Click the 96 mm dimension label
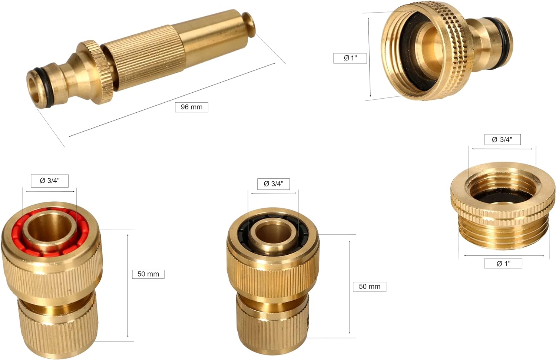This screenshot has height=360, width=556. pyautogui.click(x=191, y=107)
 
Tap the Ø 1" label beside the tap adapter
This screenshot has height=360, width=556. pyautogui.click(x=350, y=58)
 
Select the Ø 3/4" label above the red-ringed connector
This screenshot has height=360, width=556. pyautogui.click(x=50, y=181)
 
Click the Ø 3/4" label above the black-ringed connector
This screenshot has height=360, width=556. pyautogui.click(x=273, y=184)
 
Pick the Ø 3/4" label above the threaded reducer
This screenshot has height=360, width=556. pyautogui.click(x=502, y=139)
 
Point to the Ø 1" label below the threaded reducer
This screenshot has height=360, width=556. pyautogui.click(x=503, y=264)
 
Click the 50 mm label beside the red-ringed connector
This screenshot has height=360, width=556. pyautogui.click(x=148, y=274)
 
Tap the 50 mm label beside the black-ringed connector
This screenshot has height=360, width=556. pyautogui.click(x=369, y=287)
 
